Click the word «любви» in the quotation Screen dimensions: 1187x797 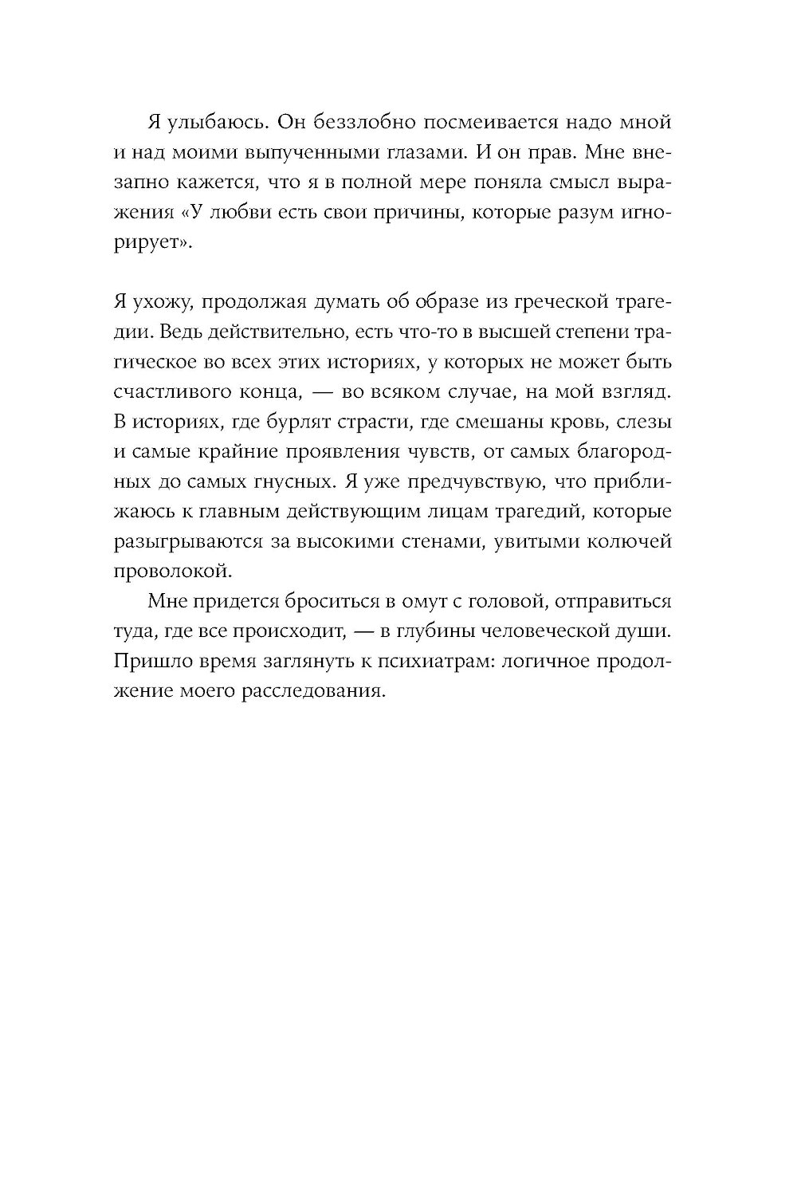pyautogui.click(x=223, y=214)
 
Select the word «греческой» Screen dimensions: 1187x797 pyautogui.click(x=554, y=304)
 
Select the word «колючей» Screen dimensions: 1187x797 pyautogui.click(x=634, y=542)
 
